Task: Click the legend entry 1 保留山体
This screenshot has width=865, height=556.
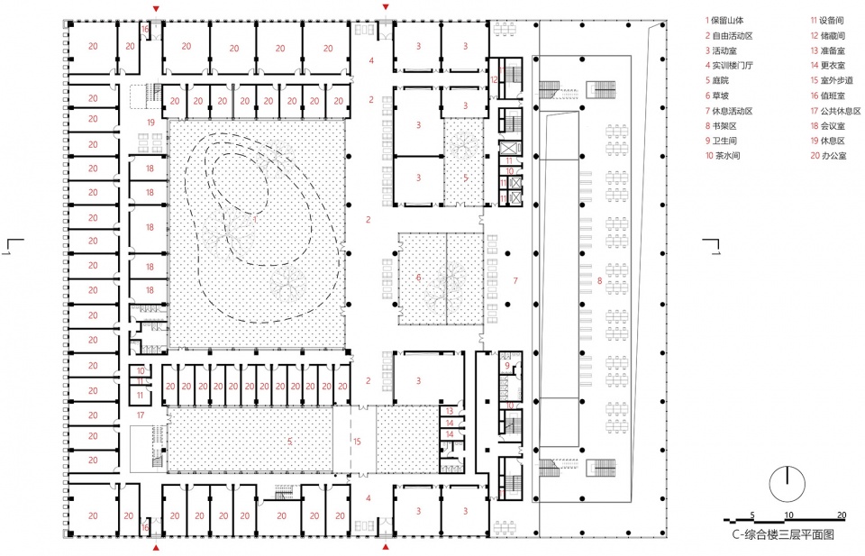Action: (x=724, y=21)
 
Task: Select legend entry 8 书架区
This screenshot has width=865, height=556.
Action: (x=721, y=126)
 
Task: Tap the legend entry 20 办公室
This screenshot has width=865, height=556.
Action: (x=828, y=156)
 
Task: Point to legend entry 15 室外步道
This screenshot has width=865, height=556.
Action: (x=832, y=80)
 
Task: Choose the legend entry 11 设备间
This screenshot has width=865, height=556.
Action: (x=827, y=21)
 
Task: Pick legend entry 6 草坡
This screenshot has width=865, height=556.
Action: (x=717, y=96)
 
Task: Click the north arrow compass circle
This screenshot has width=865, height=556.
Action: (x=788, y=484)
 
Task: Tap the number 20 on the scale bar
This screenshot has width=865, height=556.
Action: (x=842, y=515)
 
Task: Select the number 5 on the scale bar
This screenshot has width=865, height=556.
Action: (x=751, y=515)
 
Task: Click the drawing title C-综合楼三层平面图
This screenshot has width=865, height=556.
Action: (x=783, y=534)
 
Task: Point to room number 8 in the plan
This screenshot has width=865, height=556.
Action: (x=600, y=281)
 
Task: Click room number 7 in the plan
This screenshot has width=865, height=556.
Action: (x=515, y=281)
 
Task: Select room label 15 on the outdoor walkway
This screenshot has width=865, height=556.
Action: (x=357, y=442)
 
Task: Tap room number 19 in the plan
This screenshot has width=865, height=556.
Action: (x=150, y=123)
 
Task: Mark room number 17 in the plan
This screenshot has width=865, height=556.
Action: (x=141, y=415)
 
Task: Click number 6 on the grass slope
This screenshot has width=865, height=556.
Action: (x=418, y=278)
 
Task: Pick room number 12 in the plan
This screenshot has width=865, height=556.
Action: (x=495, y=80)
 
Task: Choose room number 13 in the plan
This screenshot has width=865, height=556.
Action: (x=450, y=411)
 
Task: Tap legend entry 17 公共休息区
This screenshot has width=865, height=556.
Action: (x=835, y=111)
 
